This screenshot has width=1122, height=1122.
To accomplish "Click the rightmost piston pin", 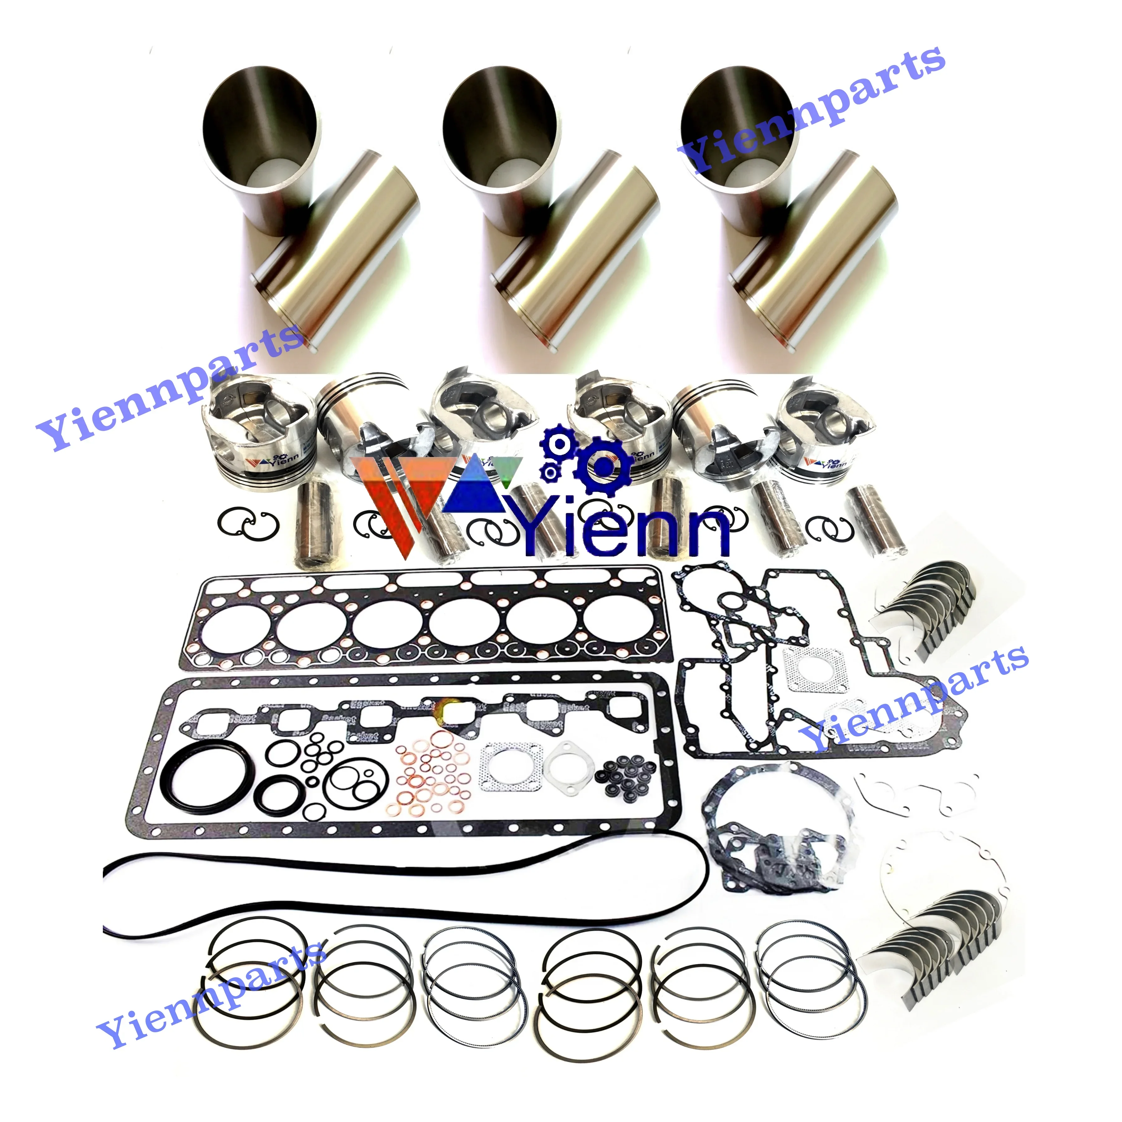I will [877, 523].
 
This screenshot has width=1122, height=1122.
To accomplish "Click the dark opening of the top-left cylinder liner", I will [261, 125].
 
